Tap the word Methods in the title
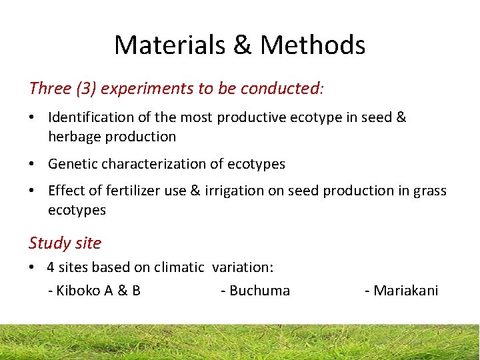[313, 45]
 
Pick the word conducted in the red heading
[280, 88]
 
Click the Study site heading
[65, 243]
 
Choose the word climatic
[179, 267]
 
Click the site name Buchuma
[259, 291]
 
